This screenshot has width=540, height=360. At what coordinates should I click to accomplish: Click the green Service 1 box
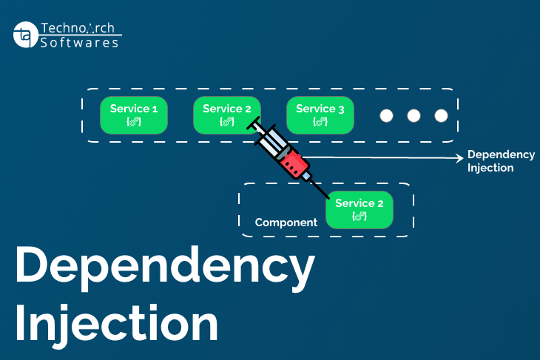pos(134,115)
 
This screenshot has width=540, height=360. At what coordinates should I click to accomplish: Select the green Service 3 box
pos(320,115)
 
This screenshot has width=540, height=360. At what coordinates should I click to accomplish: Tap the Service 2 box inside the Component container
pos(360,209)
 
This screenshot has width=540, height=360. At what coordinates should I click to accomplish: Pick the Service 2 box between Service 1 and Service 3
pos(226,115)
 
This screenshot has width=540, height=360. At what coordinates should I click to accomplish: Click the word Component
pos(286,223)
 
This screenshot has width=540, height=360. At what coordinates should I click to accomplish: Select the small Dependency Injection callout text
pos(501,161)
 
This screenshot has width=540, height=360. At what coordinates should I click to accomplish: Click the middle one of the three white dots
pos(414,116)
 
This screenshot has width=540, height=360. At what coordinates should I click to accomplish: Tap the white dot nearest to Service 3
pos(386,116)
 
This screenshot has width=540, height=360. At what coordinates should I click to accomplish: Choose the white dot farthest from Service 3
pos(442,116)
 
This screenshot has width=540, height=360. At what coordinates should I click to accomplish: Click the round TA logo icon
pos(25,35)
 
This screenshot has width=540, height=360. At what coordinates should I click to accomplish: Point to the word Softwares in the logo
pos(79,43)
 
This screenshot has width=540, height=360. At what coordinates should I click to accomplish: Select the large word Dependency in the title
pos(164,268)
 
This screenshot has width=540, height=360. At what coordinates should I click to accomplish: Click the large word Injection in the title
pos(117,324)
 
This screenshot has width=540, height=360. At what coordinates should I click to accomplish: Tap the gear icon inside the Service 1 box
pos(134,121)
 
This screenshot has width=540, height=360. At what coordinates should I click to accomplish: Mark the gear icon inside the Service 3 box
pos(320,121)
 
